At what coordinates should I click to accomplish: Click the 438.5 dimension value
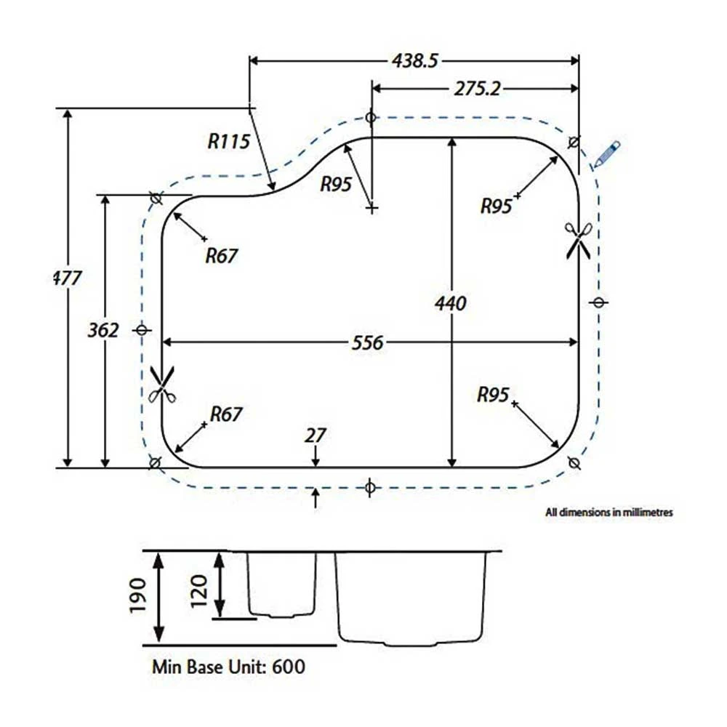coord(415,62)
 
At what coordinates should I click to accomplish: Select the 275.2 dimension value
coord(477,89)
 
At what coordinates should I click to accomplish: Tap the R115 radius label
coord(228,140)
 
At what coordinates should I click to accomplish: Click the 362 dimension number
coord(103,331)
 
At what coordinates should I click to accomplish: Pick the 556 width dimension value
coord(367,342)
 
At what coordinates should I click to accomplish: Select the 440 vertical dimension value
coord(451,302)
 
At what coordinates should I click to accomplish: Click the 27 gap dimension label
coord(316,435)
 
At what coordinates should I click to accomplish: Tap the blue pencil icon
coord(606,155)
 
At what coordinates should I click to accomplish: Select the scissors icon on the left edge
coord(161,384)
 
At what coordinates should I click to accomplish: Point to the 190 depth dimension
coord(139,595)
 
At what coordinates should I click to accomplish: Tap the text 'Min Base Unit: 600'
coord(228,666)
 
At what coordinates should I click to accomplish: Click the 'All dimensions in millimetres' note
coord(609,512)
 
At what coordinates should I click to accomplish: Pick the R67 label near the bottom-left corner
coord(225,414)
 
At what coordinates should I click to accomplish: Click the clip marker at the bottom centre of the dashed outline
coord(369,487)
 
